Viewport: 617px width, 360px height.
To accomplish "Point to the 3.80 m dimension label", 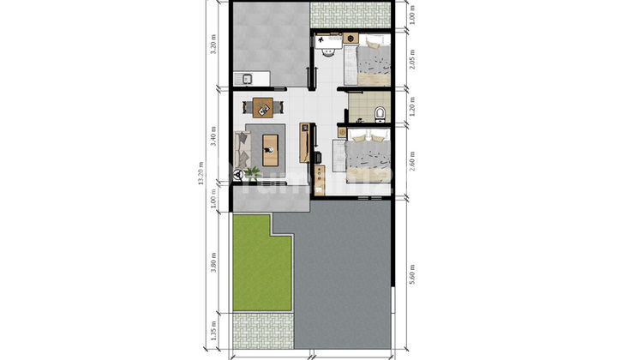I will click(x=214, y=261).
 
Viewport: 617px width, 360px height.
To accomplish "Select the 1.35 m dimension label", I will click(x=214, y=330).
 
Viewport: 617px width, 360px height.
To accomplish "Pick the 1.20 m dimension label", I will click(x=412, y=108).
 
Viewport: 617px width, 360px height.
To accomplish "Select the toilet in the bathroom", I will click(x=378, y=111).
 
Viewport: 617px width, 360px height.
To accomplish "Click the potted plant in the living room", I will click(x=252, y=172).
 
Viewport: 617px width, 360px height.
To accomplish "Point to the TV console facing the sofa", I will click(x=304, y=143).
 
